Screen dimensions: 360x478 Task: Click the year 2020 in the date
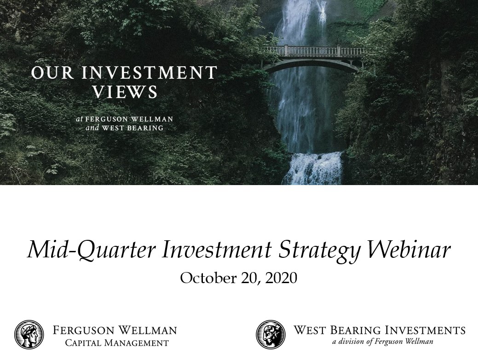coord(281,278)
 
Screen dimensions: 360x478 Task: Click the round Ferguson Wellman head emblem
coord(29,335)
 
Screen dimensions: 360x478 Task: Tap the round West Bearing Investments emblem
coord(271,335)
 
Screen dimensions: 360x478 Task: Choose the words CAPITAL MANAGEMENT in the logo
coord(117,343)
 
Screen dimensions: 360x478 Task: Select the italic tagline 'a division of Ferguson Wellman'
coord(382,342)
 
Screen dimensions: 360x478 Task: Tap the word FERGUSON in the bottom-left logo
coord(82,330)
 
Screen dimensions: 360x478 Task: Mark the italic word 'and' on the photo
coord(92,128)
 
